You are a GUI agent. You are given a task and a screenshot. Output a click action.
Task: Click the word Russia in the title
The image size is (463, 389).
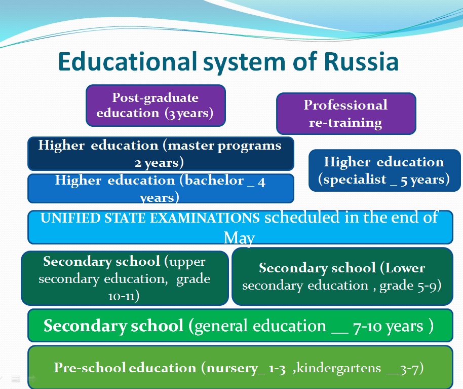361,61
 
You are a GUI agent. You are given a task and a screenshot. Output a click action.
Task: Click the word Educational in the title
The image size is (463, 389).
128,61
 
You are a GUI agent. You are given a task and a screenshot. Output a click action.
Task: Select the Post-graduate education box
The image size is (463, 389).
156,105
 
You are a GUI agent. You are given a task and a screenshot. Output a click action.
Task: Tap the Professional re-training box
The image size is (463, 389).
346,114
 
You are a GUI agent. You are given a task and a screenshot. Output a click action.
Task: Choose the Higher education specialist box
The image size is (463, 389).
384,170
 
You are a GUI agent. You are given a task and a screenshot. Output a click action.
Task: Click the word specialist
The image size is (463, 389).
355,179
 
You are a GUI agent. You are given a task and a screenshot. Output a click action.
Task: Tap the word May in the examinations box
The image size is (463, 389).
239,238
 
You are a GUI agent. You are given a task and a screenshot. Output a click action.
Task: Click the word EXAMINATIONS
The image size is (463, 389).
205,218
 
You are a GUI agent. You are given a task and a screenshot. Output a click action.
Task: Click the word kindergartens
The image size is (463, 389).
339,368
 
